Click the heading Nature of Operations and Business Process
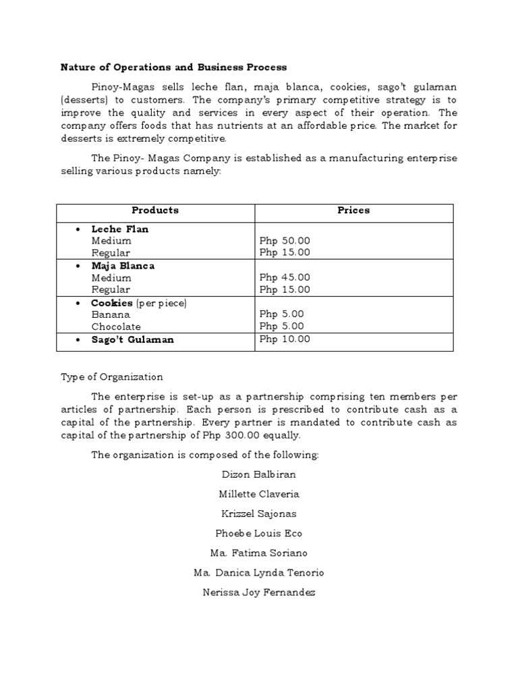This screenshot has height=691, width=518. (x=173, y=67)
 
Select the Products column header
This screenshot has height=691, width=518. (x=155, y=211)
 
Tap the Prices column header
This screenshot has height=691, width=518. (x=353, y=211)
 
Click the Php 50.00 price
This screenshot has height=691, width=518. (x=285, y=241)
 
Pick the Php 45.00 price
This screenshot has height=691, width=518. (x=285, y=278)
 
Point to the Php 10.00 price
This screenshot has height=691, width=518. (x=285, y=339)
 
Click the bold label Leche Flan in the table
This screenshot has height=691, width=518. (x=120, y=229)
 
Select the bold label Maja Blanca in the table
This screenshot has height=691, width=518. (x=123, y=266)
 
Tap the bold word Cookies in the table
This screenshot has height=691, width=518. (x=112, y=303)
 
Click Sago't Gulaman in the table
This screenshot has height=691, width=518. (x=132, y=340)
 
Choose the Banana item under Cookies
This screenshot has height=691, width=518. (x=111, y=314)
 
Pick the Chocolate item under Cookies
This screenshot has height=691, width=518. (x=116, y=327)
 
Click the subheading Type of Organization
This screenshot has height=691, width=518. (x=112, y=377)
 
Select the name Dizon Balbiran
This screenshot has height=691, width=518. (x=259, y=474)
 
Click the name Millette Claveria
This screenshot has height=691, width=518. (x=259, y=494)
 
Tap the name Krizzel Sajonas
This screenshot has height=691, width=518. (x=259, y=514)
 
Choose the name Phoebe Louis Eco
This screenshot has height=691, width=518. (x=259, y=533)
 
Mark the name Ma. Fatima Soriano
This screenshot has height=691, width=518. (x=259, y=553)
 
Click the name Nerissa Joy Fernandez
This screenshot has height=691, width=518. (x=259, y=593)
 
